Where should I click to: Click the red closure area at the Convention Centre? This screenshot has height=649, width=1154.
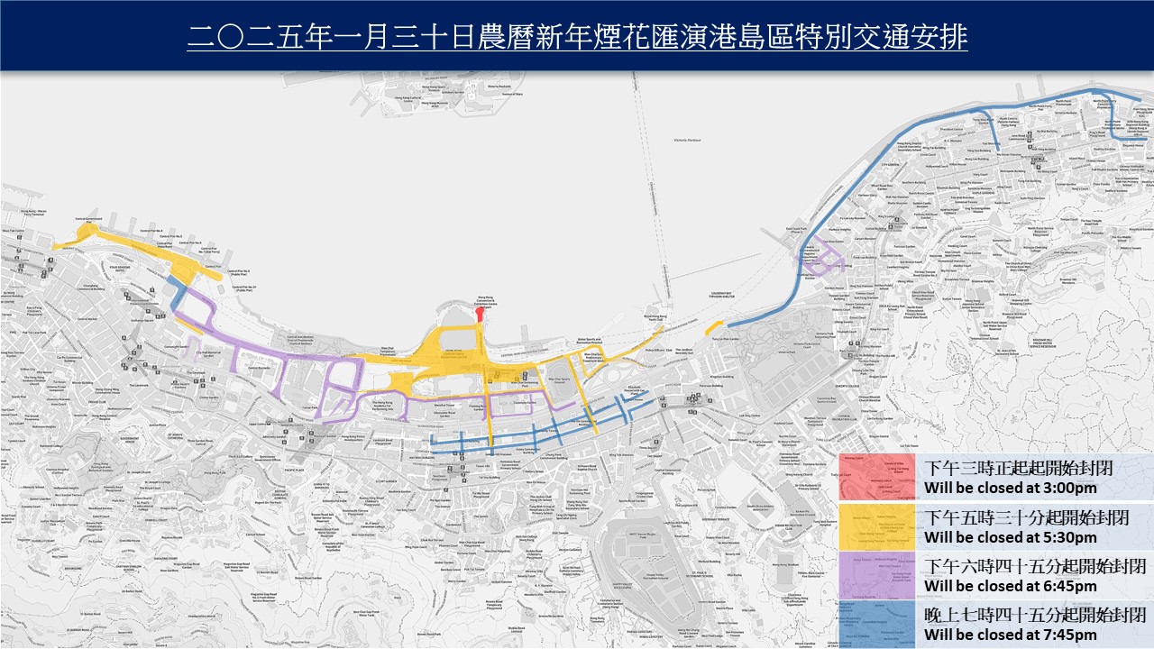coord(481,315)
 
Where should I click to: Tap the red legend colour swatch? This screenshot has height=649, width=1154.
coord(876,477)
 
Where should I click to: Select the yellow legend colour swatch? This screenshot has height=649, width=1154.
coord(876,526)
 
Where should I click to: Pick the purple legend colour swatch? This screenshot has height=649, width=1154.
coord(876,576)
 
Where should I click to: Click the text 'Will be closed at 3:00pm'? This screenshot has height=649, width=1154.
coord(1011,489)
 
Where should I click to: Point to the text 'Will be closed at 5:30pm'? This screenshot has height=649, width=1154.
coord(1011,537)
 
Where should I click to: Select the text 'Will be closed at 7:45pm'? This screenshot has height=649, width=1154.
coord(1011,635)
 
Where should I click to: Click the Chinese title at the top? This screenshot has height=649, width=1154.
coord(577,38)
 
